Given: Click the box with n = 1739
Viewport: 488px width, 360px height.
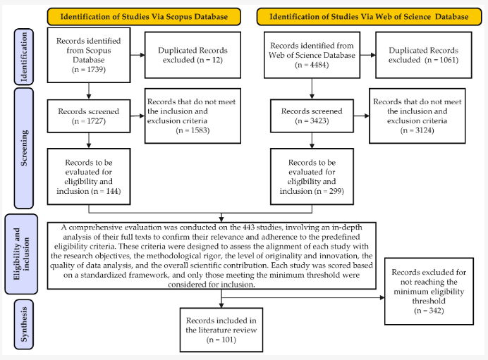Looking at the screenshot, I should pos(88,55).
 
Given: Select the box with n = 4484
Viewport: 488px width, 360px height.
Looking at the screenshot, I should pos(310,56).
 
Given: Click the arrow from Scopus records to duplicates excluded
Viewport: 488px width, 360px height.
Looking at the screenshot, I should pos(136,56).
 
